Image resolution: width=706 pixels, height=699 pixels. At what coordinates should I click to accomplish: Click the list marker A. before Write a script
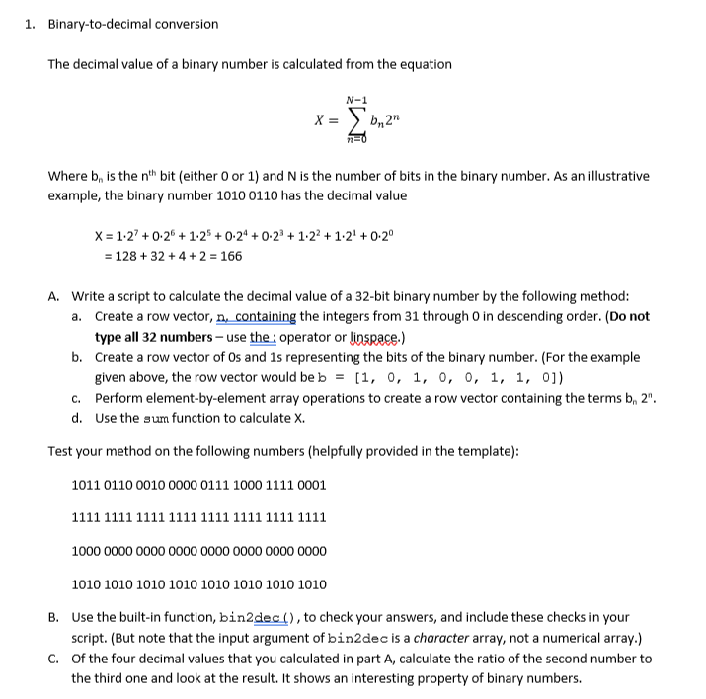coord(55,295)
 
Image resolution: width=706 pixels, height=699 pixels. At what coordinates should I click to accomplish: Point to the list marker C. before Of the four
coord(55,659)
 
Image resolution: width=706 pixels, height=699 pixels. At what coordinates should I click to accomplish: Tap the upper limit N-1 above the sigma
coord(356,100)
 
